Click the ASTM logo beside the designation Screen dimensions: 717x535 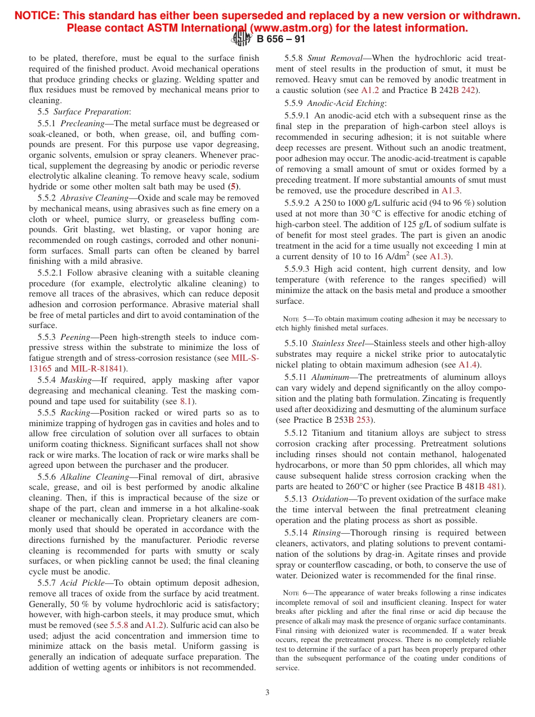(x=243, y=38)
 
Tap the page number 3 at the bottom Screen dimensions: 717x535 (x=267, y=692)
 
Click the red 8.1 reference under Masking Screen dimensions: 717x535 (x=186, y=401)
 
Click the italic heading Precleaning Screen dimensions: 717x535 (x=82, y=123)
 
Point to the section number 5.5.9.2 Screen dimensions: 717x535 (x=297, y=203)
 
